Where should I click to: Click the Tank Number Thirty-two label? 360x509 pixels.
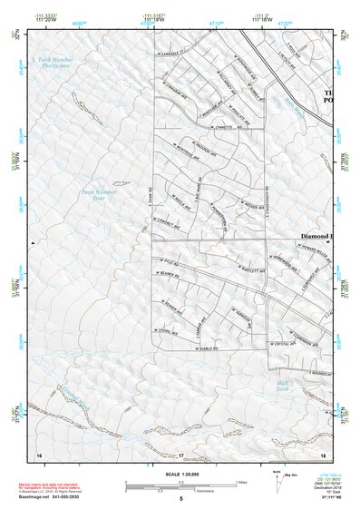coord(54,64)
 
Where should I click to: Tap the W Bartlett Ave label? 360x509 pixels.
coord(245,269)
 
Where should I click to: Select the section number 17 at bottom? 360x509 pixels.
coord(180,455)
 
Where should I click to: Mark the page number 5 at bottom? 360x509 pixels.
coord(180,499)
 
